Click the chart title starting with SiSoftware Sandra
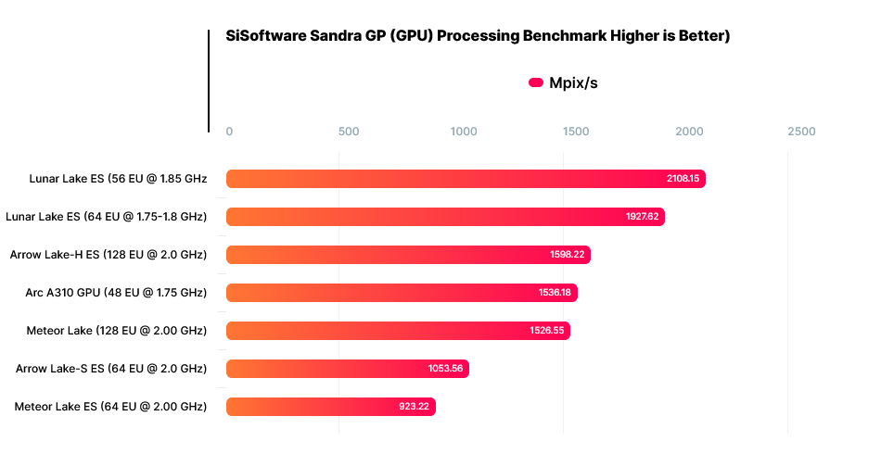point(479,36)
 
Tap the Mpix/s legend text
point(573,82)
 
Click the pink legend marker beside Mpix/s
point(535,82)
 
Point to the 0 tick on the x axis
point(230,132)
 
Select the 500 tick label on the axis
point(349,132)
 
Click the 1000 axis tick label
point(464,132)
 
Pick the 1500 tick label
point(576,132)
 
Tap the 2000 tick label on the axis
point(689,132)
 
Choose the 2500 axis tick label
point(801,132)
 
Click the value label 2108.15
point(683,179)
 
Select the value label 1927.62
point(642,217)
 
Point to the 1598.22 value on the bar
point(568,255)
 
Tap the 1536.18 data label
point(555,293)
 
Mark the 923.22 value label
point(414,407)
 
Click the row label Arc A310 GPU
point(116,293)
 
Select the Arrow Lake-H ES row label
point(109,255)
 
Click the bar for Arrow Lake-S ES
point(347,369)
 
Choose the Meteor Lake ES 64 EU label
point(110,407)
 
